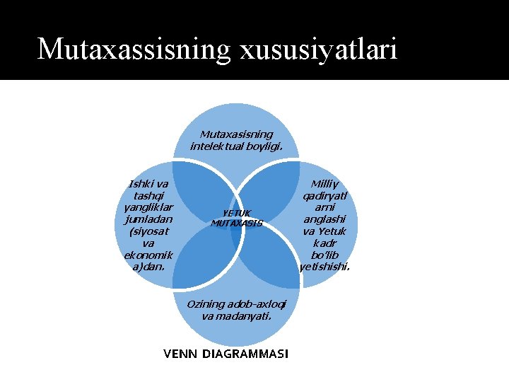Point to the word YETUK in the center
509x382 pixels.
click(x=237, y=213)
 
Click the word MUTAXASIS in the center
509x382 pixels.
click(x=237, y=223)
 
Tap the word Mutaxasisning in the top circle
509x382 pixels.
click(x=237, y=134)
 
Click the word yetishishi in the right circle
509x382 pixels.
click(x=324, y=267)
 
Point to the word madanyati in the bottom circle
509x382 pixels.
click(x=243, y=316)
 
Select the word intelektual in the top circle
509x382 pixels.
click(x=215, y=146)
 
